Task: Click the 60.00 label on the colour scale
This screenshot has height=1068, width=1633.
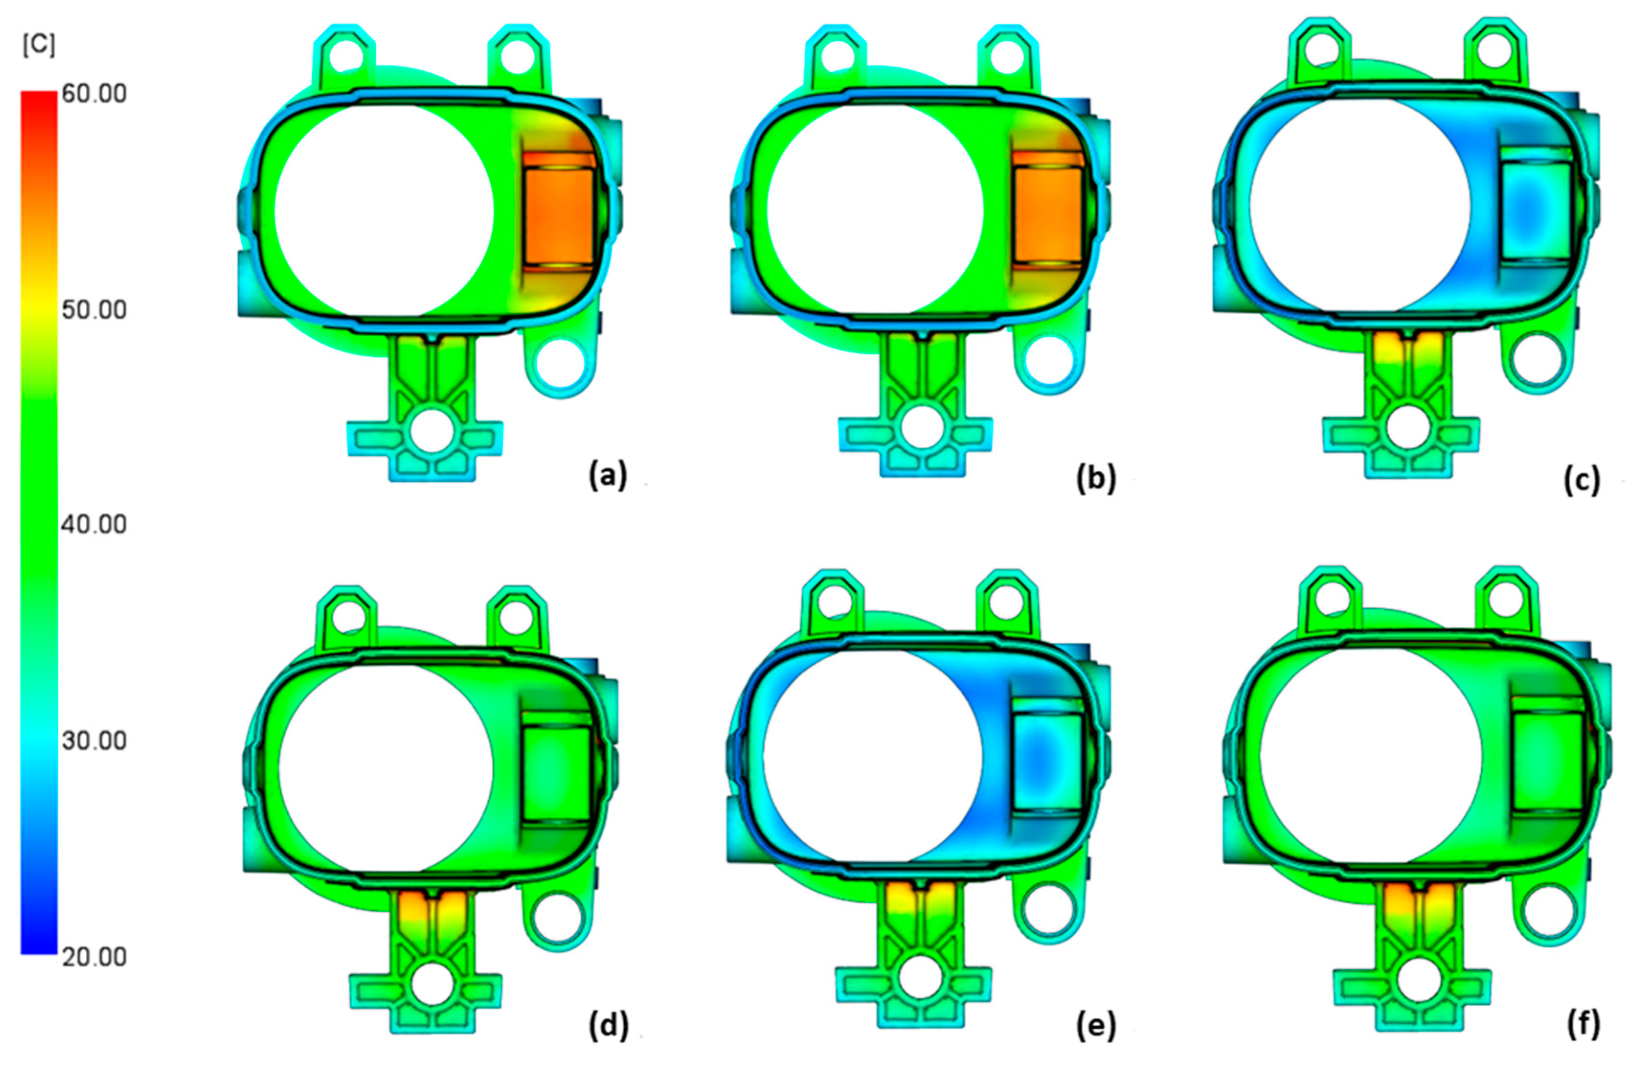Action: coord(94,93)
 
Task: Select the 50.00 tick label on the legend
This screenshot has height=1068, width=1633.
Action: coord(94,309)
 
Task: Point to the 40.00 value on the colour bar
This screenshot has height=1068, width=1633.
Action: coord(94,524)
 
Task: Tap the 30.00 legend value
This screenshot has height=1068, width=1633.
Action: coord(94,740)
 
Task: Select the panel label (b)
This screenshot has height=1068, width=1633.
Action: coord(1096,477)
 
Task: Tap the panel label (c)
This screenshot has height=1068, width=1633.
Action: coord(1582,480)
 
